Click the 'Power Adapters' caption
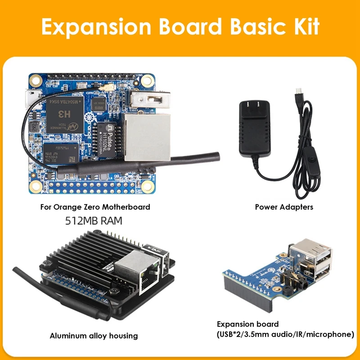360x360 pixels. coord(284,207)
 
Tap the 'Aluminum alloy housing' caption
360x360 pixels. coord(94,336)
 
